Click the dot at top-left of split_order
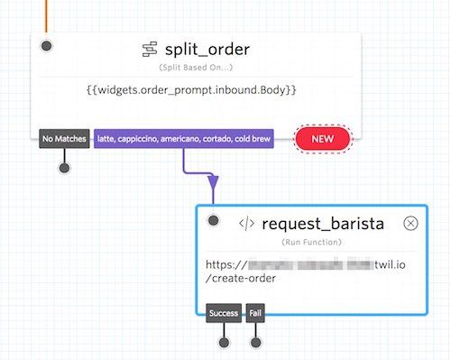click(47, 45)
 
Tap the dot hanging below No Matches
click(63, 167)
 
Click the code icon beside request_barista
click(245, 224)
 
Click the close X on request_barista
click(410, 224)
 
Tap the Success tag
click(224, 314)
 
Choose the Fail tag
click(256, 314)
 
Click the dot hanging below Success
click(225, 342)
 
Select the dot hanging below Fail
click(256, 342)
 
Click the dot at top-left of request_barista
click(213, 220)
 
